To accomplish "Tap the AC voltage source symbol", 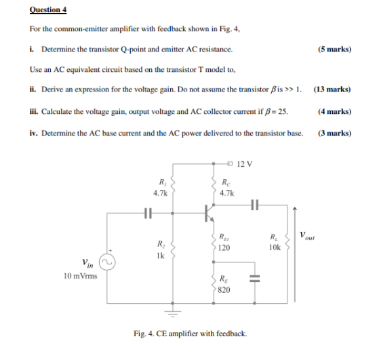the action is tap(106, 262).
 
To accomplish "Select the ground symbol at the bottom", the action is tap(174, 314).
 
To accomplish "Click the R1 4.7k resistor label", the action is tap(161, 187).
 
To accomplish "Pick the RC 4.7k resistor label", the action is tap(228, 187).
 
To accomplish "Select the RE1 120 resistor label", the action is tap(225, 242).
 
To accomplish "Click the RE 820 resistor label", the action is tap(225, 284).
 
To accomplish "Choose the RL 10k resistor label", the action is tap(273, 243).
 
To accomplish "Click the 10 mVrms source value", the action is tap(79, 277).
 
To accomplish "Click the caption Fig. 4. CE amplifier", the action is tap(191, 334).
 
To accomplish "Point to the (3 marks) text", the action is tap(334, 133).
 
